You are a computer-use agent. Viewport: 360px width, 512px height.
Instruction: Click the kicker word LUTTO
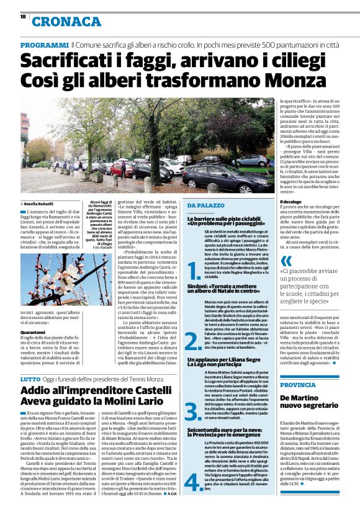coord(30,378)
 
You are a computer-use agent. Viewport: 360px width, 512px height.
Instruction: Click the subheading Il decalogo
coord(292,202)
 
